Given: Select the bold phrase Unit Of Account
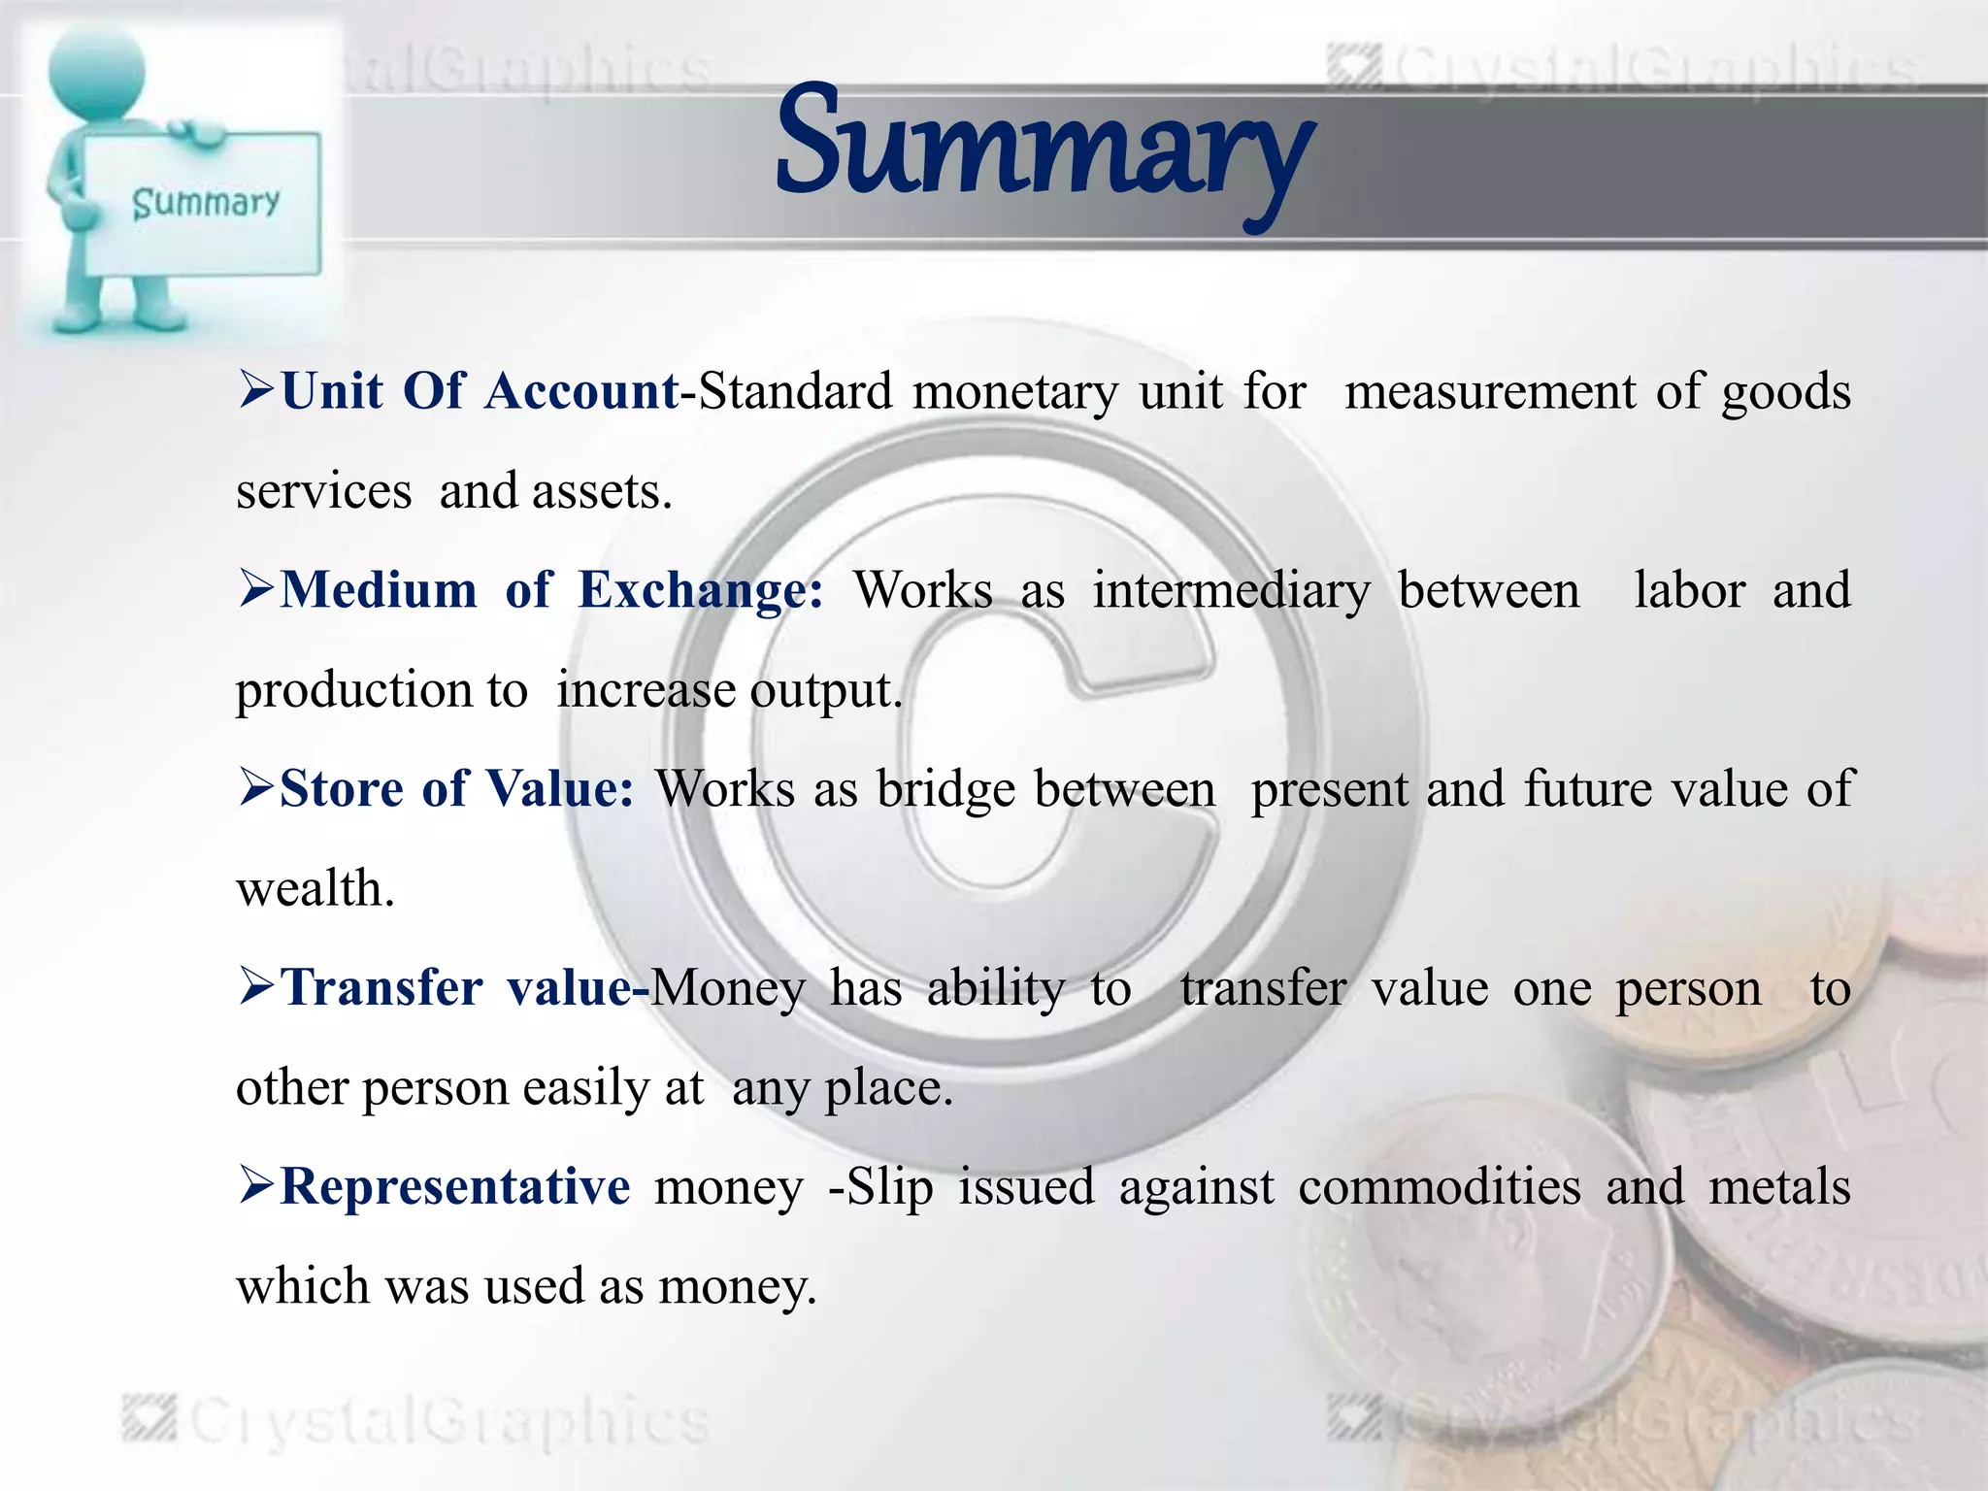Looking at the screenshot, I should [480, 391].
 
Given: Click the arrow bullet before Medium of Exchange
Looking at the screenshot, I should [256, 589].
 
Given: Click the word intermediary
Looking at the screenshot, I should [1231, 591].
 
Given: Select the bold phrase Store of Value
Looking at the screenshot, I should [456, 788].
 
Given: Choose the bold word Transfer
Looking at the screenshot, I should [381, 988].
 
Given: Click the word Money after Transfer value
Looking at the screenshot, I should [728, 989].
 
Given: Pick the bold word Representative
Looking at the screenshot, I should [455, 1186].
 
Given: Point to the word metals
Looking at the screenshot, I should [1779, 1186].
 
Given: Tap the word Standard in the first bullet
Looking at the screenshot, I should [795, 391].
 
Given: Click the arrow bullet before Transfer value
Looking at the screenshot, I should [256, 987].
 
